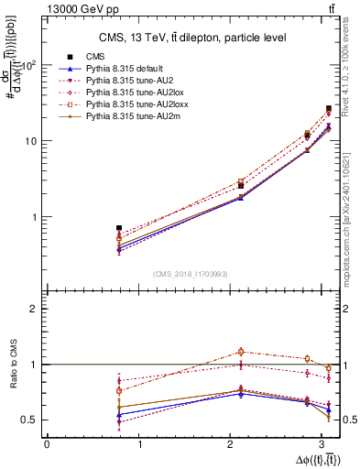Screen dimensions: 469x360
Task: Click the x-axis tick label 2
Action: click(x=235, y=445)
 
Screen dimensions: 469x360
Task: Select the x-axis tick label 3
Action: click(x=328, y=445)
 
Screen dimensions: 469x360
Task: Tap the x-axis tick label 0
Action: click(x=47, y=445)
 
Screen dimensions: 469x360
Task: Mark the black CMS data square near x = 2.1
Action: click(x=241, y=186)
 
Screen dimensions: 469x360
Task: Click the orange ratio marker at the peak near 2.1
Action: click(x=241, y=351)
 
